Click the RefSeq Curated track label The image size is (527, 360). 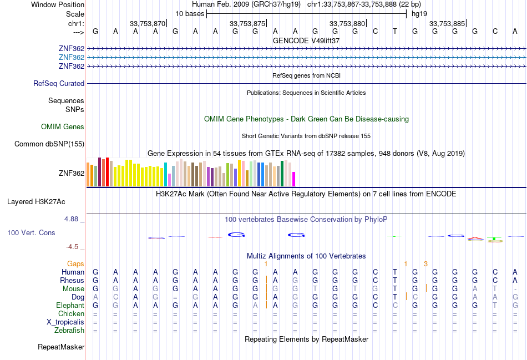click(59, 84)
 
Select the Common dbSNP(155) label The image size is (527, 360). click(49, 144)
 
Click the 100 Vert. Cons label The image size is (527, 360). click(31, 233)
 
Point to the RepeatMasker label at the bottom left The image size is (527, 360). click(61, 347)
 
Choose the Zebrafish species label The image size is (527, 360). click(69, 331)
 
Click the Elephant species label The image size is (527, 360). click(70, 306)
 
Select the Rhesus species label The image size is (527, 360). click(72, 281)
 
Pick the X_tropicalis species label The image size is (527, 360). click(65, 322)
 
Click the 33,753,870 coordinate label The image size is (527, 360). click(148, 24)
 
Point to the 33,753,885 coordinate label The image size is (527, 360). click(447, 24)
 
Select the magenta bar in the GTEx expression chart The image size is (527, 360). click(293, 179)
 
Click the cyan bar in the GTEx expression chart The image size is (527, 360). click(166, 175)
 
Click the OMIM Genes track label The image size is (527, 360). click(63, 127)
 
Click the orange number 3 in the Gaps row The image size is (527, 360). click(425, 264)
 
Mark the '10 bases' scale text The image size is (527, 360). click(190, 13)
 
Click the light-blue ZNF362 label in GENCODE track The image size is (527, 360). click(72, 58)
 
